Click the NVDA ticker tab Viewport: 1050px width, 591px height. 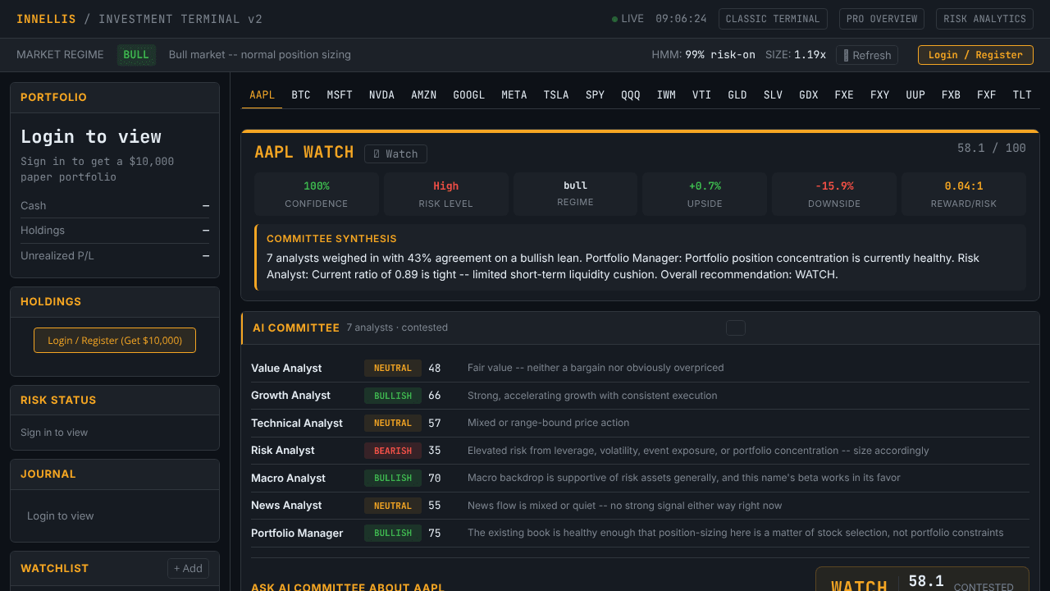click(x=381, y=95)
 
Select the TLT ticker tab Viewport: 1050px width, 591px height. click(x=1022, y=95)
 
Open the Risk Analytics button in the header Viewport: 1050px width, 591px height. click(x=984, y=19)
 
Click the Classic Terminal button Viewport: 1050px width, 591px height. click(x=773, y=19)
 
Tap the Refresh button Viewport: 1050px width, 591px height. click(x=867, y=55)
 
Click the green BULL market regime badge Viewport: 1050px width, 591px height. click(x=136, y=55)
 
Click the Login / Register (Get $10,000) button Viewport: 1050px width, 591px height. click(x=114, y=340)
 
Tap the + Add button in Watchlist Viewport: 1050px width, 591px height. click(x=188, y=568)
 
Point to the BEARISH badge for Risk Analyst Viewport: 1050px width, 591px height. click(x=393, y=451)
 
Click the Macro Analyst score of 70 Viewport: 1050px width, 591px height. click(x=434, y=478)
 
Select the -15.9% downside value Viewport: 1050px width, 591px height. click(x=834, y=186)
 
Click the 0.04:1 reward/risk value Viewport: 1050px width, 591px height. click(x=963, y=186)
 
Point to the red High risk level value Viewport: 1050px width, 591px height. click(x=445, y=186)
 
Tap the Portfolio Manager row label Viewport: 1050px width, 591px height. click(x=297, y=533)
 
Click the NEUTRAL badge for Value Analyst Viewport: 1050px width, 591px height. click(x=393, y=368)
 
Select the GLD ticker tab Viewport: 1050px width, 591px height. click(x=737, y=95)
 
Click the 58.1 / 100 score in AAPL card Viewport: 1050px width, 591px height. click(x=991, y=149)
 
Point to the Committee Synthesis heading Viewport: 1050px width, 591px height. click(x=331, y=239)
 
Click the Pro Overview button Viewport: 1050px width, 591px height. click(x=881, y=19)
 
